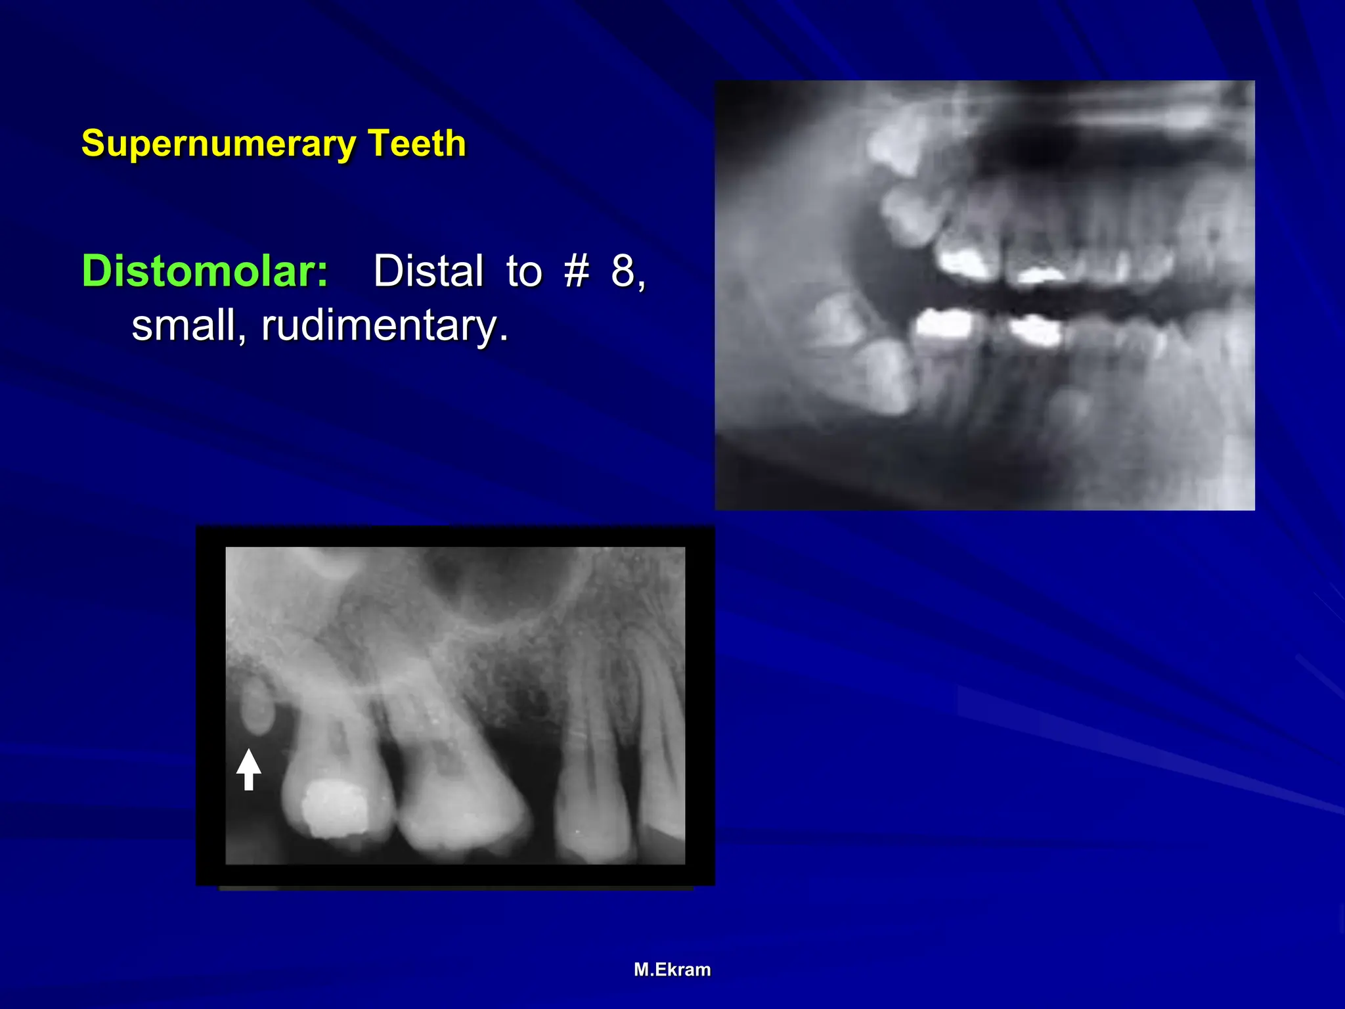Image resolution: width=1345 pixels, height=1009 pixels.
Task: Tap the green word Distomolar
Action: tap(204, 271)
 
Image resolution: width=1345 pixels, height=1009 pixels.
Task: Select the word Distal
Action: tap(428, 271)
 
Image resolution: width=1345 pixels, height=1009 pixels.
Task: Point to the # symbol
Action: tap(576, 271)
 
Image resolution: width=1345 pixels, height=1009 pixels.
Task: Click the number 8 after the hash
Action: tap(623, 271)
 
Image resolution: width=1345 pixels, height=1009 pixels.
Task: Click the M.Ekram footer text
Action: tap(672, 970)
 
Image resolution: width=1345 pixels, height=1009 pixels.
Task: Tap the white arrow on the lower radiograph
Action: tap(248, 769)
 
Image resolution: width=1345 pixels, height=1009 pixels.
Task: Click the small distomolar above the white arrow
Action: tap(255, 706)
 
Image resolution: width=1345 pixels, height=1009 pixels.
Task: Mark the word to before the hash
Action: tap(523, 271)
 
